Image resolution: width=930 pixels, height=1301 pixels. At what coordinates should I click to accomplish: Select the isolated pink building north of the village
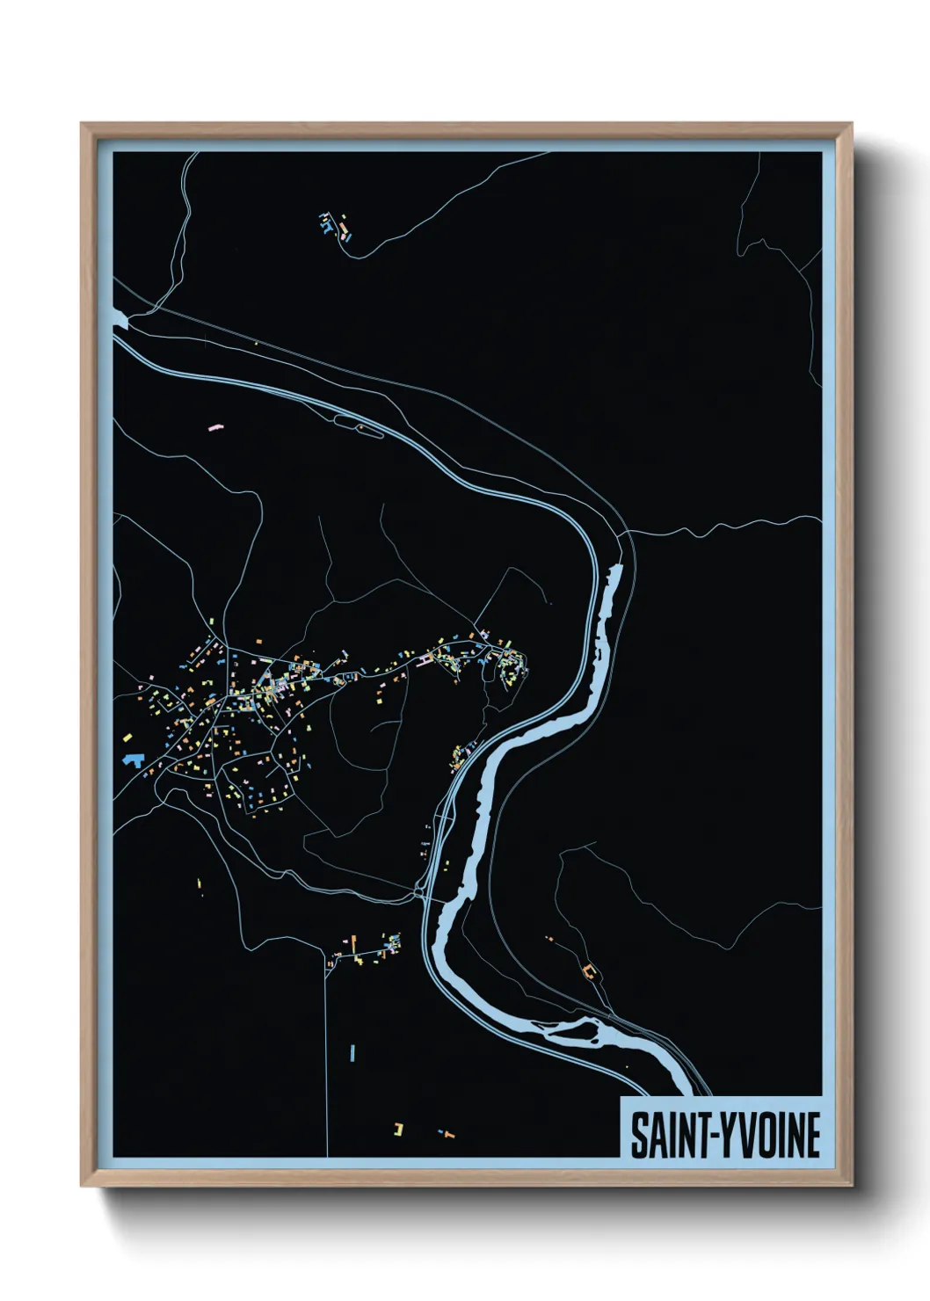(214, 427)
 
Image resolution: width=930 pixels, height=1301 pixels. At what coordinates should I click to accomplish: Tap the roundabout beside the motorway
(418, 893)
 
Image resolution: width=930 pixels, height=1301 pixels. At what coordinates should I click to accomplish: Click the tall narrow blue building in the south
(352, 1052)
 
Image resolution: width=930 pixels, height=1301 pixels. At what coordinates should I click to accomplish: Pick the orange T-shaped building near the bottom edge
(448, 1134)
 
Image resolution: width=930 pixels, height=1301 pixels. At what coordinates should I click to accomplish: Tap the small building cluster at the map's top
(335, 226)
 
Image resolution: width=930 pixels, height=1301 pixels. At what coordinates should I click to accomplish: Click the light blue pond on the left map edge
(120, 322)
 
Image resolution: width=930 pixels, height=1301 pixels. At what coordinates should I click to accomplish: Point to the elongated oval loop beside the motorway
(359, 426)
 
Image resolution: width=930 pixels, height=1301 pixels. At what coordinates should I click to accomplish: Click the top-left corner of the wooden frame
(82, 125)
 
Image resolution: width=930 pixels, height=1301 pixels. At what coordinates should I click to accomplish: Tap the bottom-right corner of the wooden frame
(851, 1184)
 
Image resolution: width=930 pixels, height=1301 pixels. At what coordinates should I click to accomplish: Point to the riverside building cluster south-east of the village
(460, 756)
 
